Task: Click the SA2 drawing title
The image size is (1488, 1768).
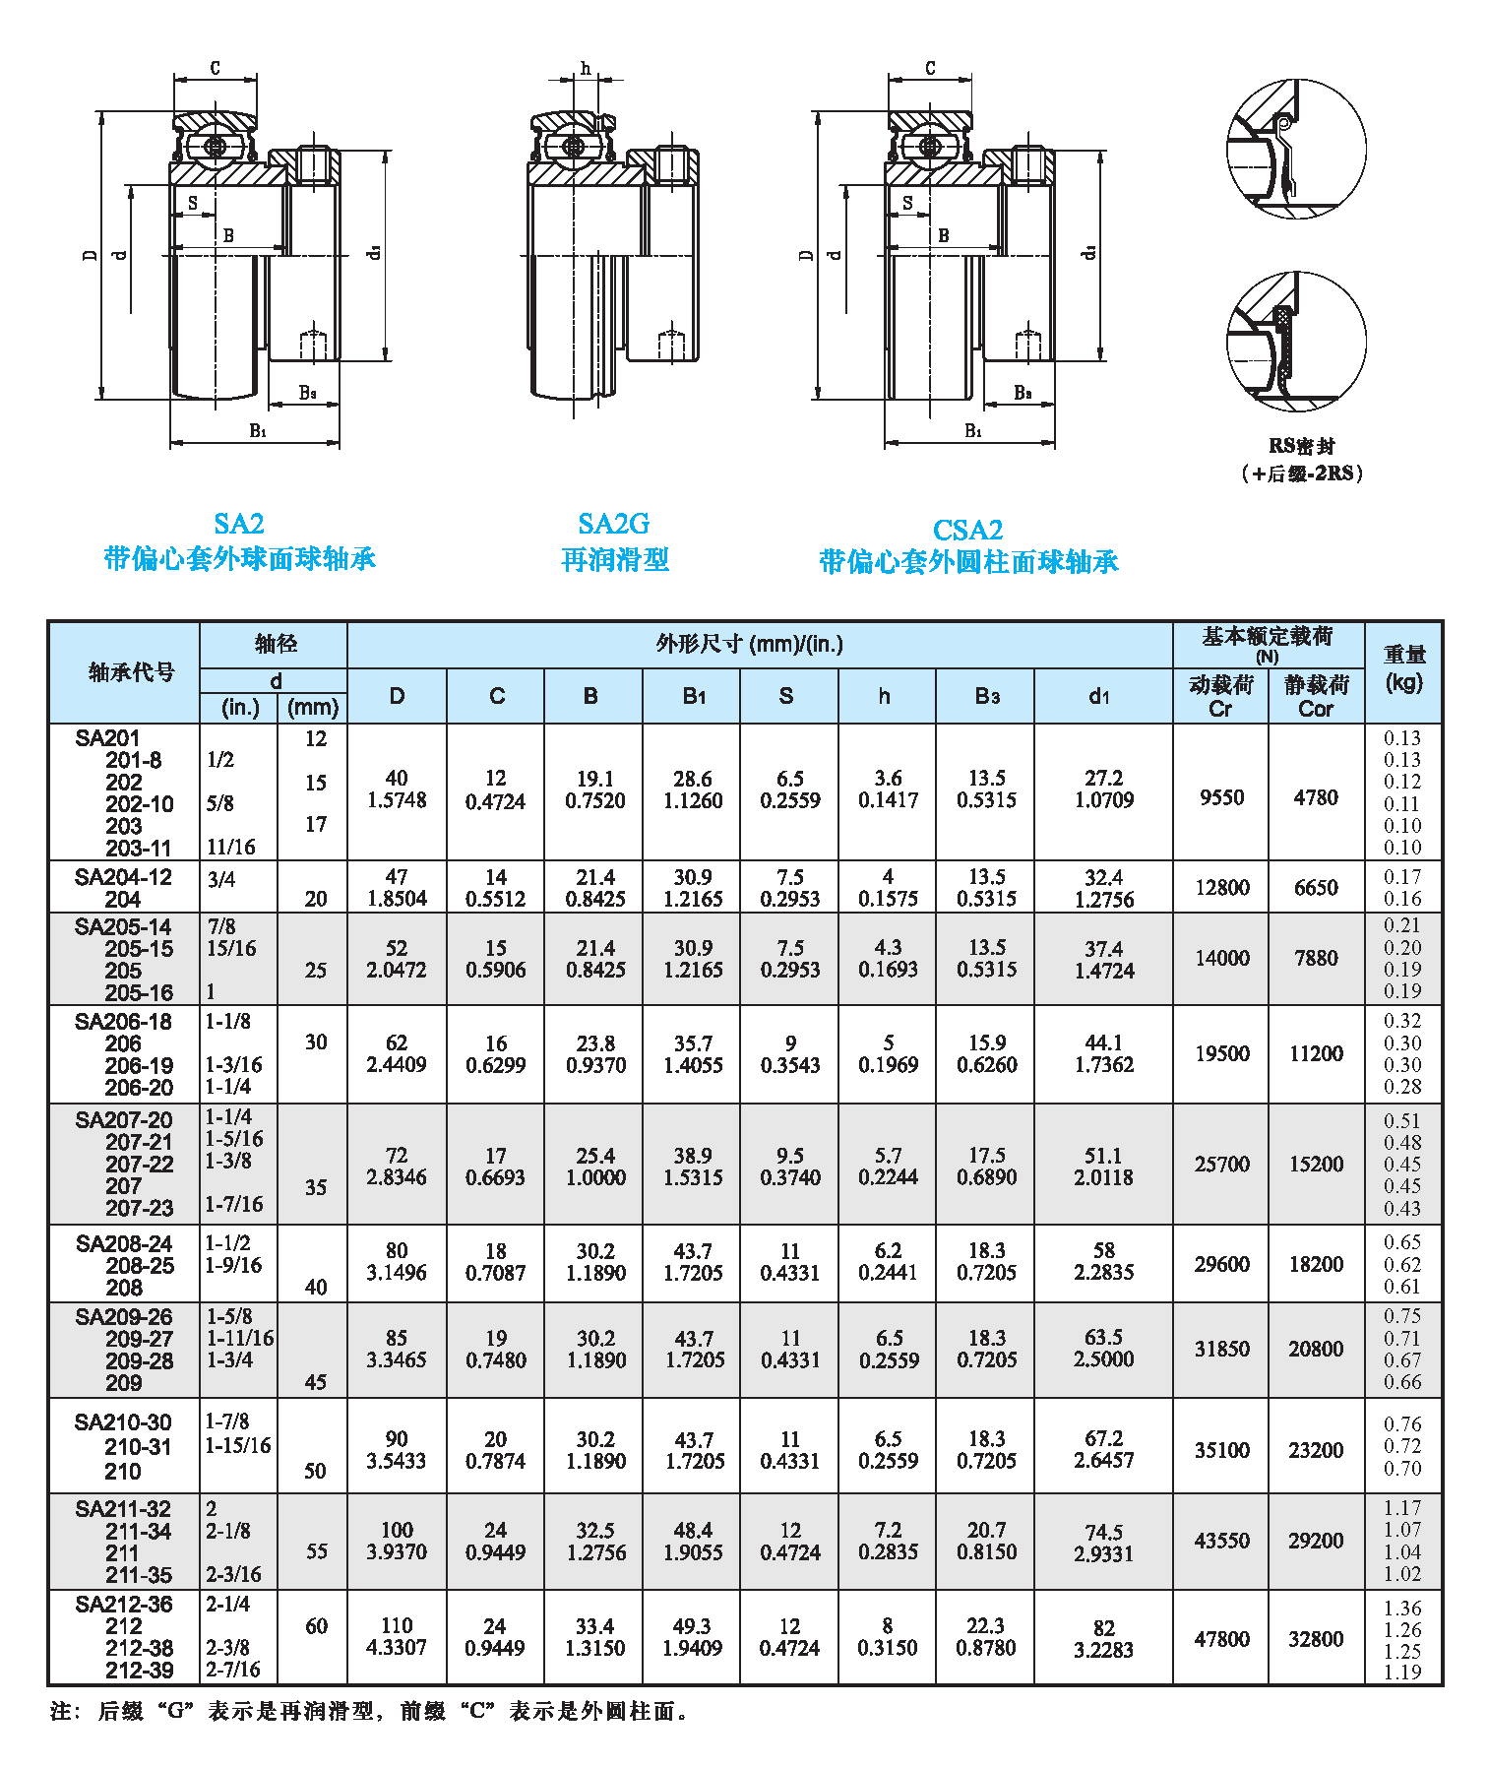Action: tap(239, 524)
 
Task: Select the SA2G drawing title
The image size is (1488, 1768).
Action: tap(613, 524)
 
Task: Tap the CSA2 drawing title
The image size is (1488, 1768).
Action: tap(967, 531)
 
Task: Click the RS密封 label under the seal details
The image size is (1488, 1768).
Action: tap(1301, 446)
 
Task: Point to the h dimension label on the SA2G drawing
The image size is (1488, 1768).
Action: tap(586, 68)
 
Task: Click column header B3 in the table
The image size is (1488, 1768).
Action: tap(986, 696)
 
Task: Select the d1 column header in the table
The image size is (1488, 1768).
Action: tap(1099, 696)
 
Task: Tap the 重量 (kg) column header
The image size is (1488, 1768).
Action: tap(1403, 668)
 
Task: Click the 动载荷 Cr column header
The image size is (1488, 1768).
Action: tap(1220, 696)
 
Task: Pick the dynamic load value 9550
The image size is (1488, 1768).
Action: tap(1221, 797)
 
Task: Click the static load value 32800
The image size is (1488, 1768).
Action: tap(1316, 1639)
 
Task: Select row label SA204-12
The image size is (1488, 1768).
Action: tap(123, 877)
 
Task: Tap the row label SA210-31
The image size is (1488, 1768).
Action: tap(138, 1447)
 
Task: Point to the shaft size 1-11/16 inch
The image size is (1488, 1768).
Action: tap(240, 1339)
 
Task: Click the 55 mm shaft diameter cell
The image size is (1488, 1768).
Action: tap(316, 1551)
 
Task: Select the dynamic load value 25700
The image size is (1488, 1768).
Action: tap(1221, 1165)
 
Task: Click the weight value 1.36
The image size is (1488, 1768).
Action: tap(1402, 1608)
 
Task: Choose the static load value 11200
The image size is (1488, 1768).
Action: tap(1316, 1053)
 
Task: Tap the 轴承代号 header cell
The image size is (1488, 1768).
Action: tap(131, 672)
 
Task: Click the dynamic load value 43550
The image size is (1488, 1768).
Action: tap(1221, 1541)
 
